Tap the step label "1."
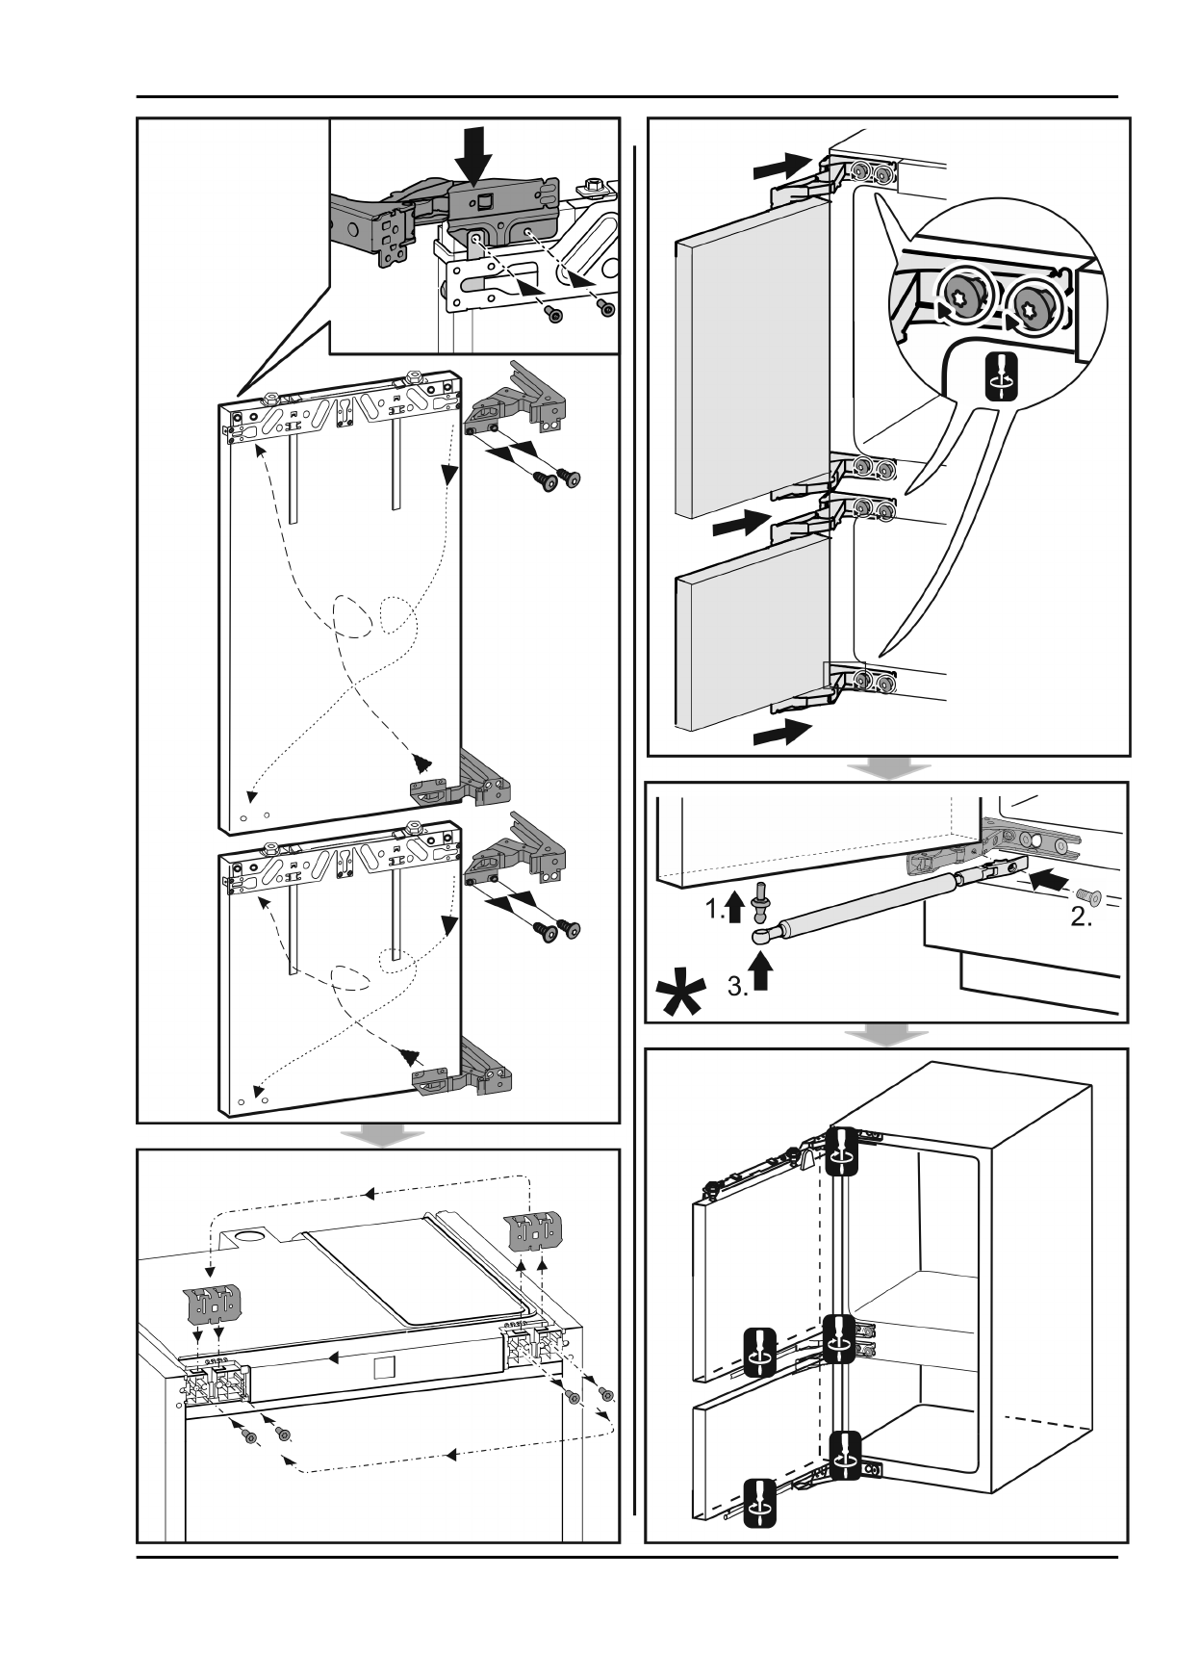pos(715,908)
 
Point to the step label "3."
pos(737,986)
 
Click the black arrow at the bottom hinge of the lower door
pos(781,734)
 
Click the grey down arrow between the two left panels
pos(383,1136)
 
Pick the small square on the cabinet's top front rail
pos(382,1367)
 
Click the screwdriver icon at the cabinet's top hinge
pos(842,1151)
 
